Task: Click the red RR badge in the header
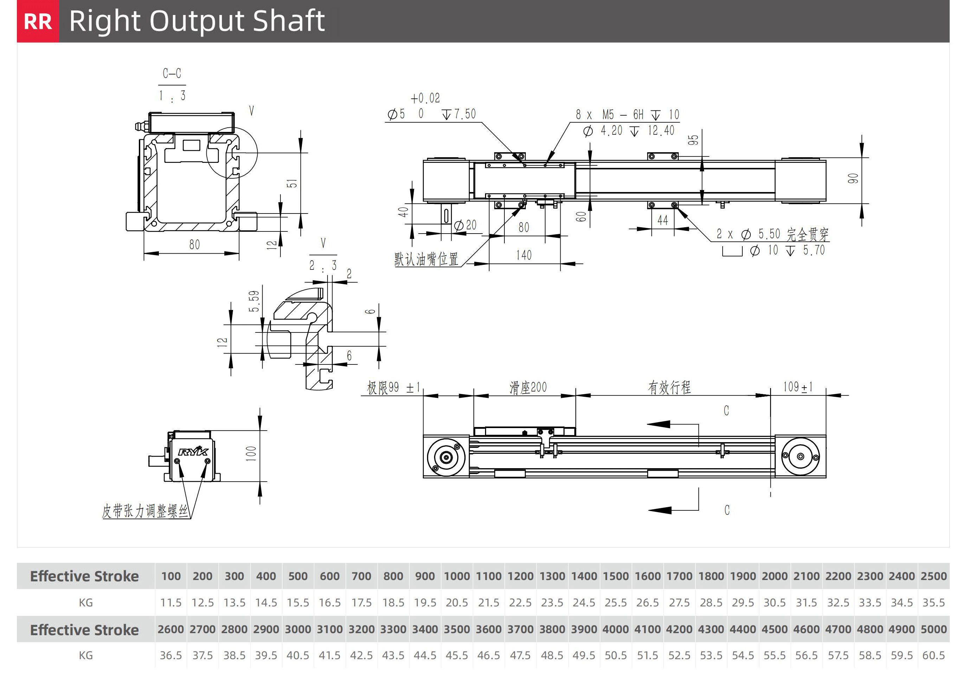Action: tap(38, 21)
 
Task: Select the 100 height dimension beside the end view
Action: tap(251, 454)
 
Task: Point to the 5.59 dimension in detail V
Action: tap(254, 301)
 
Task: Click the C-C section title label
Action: tap(172, 74)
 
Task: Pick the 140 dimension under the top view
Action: tap(524, 255)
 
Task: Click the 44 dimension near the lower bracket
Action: tap(663, 220)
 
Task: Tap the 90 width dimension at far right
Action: tap(853, 179)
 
